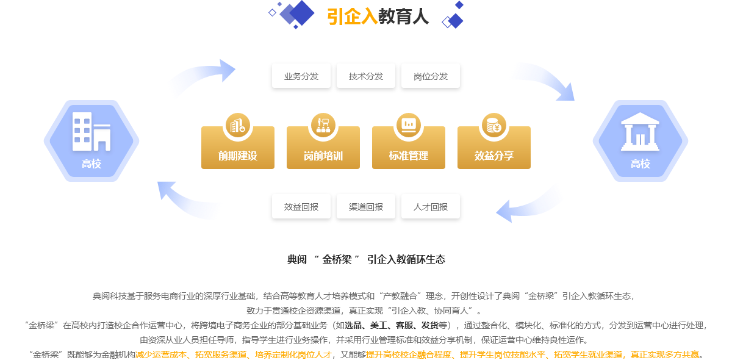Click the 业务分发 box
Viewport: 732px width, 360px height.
point(301,76)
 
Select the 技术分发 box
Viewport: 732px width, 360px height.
point(365,76)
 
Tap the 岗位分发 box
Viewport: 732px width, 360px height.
point(431,76)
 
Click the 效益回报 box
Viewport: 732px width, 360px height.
point(301,207)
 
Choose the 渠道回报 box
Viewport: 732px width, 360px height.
point(365,207)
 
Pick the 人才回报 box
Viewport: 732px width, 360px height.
point(431,207)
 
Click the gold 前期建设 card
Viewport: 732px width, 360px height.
point(238,148)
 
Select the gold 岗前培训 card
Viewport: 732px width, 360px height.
point(323,148)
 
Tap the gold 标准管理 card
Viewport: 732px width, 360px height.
point(409,148)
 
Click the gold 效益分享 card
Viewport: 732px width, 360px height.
point(494,148)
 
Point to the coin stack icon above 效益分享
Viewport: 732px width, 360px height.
point(493,125)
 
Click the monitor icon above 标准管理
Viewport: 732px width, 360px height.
point(409,125)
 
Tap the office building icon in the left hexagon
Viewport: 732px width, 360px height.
point(91,131)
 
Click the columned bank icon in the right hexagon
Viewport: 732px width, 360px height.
point(640,131)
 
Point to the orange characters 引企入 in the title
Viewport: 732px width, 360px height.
point(353,16)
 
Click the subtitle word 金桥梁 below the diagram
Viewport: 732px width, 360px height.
point(337,259)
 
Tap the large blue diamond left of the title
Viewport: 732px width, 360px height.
point(301,13)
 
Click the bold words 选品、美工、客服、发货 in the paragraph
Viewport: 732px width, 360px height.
point(392,325)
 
